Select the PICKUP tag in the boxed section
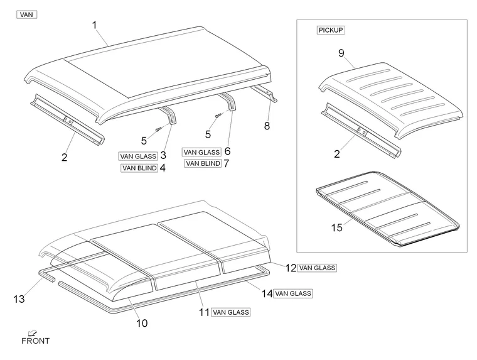point(331,30)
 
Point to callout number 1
point(94,25)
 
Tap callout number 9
point(341,53)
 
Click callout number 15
point(337,227)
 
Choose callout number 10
point(142,323)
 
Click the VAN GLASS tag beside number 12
point(318,268)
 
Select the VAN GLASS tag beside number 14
point(292,293)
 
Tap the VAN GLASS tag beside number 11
point(231,312)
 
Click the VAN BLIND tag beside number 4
point(139,168)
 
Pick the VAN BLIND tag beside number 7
point(202,163)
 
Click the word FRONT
point(35,341)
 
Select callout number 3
point(163,155)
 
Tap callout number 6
point(227,151)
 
